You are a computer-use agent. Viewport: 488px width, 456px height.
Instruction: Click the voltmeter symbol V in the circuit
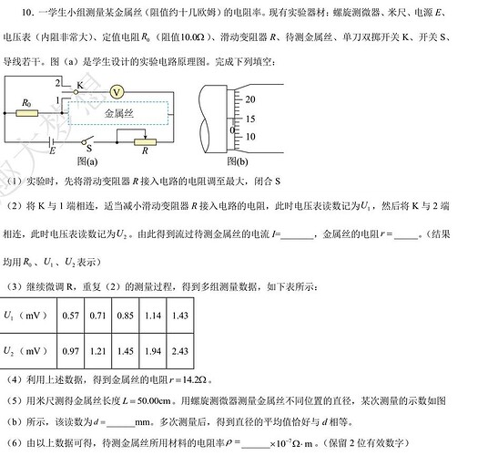(x=117, y=92)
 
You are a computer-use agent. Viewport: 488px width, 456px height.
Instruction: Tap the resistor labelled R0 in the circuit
(x=27, y=113)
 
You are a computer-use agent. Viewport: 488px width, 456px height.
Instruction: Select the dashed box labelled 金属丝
(x=118, y=113)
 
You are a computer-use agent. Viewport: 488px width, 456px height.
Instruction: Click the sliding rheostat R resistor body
(x=145, y=142)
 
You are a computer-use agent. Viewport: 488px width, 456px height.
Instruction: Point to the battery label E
(x=52, y=150)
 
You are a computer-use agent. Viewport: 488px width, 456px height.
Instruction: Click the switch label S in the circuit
(x=89, y=149)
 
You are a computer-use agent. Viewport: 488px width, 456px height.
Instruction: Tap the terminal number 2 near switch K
(x=58, y=83)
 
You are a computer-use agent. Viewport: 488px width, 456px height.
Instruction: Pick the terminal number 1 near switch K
(x=57, y=100)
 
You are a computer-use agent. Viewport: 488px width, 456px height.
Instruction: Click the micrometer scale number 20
(x=250, y=99)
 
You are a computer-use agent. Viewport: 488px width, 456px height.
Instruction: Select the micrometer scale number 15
(x=250, y=119)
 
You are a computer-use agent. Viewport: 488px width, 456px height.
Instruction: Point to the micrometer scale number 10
(x=250, y=137)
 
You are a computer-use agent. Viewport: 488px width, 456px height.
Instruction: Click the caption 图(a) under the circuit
(x=87, y=161)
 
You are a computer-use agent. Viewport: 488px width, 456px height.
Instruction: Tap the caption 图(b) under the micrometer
(x=238, y=161)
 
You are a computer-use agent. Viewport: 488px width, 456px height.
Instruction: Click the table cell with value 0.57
(x=71, y=316)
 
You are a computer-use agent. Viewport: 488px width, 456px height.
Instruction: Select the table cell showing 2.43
(x=180, y=351)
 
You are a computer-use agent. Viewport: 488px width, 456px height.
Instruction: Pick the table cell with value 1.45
(x=126, y=351)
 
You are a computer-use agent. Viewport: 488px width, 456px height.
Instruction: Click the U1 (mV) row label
(x=25, y=316)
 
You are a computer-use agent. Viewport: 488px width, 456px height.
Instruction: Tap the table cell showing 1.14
(x=153, y=316)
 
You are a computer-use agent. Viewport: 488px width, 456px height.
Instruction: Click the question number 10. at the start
(x=28, y=13)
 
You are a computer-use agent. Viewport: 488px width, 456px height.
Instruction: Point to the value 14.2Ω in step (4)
(x=195, y=379)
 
